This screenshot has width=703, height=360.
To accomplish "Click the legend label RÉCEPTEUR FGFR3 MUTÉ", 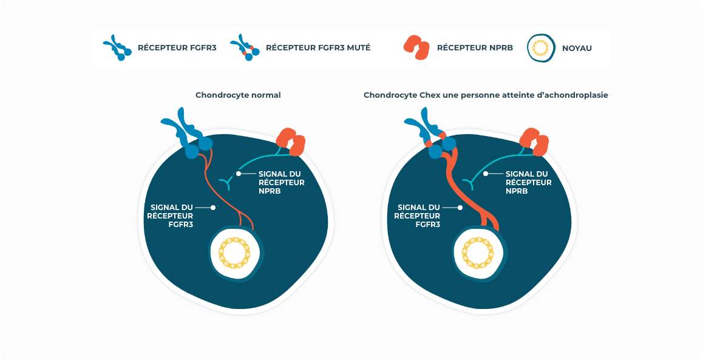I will (318, 48).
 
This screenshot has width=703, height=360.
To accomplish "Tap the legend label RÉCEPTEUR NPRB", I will (475, 48).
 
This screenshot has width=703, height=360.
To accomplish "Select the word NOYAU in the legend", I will (577, 48).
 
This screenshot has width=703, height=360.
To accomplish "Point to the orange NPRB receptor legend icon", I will (416, 48).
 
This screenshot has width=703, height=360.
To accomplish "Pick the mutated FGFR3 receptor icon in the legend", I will (245, 48).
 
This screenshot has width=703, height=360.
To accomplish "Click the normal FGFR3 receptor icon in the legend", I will (117, 48).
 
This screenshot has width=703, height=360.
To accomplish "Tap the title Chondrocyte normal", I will (238, 95).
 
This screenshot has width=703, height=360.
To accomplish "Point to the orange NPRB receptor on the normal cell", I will (291, 141).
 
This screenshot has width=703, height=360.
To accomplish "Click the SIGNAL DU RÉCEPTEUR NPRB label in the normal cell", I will (281, 182).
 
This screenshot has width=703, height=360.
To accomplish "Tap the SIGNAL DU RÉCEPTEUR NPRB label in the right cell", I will (528, 182).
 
